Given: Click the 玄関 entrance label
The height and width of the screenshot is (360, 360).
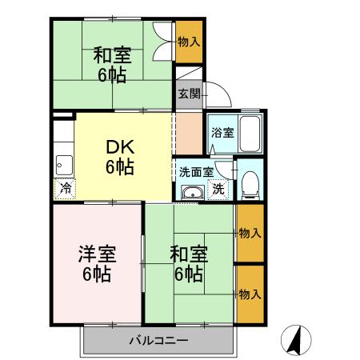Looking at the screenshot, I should pos(190,94).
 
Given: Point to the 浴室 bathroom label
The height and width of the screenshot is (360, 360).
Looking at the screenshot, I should pos(223,133).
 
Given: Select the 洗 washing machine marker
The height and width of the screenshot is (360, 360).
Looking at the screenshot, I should pos(218,190).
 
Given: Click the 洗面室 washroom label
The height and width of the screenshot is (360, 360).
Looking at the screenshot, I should pos(196,170).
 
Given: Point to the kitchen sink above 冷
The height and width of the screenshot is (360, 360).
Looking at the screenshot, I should pos(62,166).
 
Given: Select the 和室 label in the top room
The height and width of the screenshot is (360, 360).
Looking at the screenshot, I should pos(113,56).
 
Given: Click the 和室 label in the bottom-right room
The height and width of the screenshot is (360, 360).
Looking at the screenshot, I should pos(190,254).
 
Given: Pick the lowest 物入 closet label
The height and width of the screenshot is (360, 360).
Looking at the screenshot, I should pos(250,294).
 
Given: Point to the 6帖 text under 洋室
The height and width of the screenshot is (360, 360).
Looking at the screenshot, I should pos(97,274).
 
